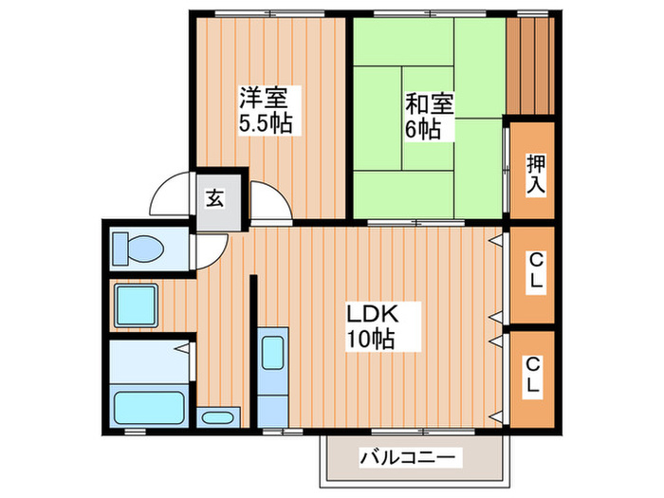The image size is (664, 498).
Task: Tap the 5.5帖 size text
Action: click(x=266, y=122)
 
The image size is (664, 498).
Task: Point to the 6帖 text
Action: click(x=424, y=128)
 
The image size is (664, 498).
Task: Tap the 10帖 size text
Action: click(x=370, y=338)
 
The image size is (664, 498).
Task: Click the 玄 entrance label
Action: click(x=215, y=199)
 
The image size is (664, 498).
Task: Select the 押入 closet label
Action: click(x=535, y=174)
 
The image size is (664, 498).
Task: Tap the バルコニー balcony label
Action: click(x=409, y=459)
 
